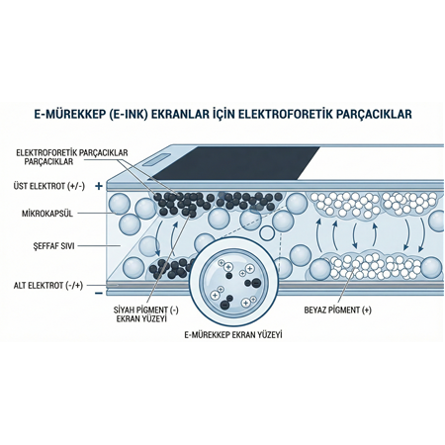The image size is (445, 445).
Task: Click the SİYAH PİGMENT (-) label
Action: pyautogui.click(x=147, y=312)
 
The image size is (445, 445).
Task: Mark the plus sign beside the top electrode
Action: pyautogui.click(x=99, y=185)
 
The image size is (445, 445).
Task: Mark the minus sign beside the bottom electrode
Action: pyautogui.click(x=99, y=292)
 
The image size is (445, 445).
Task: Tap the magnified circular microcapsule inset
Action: pyautogui.click(x=234, y=282)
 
